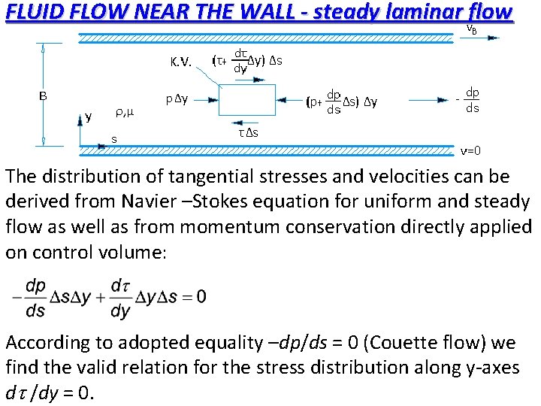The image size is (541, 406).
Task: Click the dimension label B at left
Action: point(44,95)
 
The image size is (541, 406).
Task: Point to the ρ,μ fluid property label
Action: point(124,114)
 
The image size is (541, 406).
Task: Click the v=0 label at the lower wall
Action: point(471,150)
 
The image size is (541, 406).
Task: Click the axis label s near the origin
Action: point(113,139)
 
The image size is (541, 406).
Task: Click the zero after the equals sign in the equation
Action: point(200,296)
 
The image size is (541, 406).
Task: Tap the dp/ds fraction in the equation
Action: point(35,297)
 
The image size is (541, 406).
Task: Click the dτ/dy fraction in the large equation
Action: point(119,297)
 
